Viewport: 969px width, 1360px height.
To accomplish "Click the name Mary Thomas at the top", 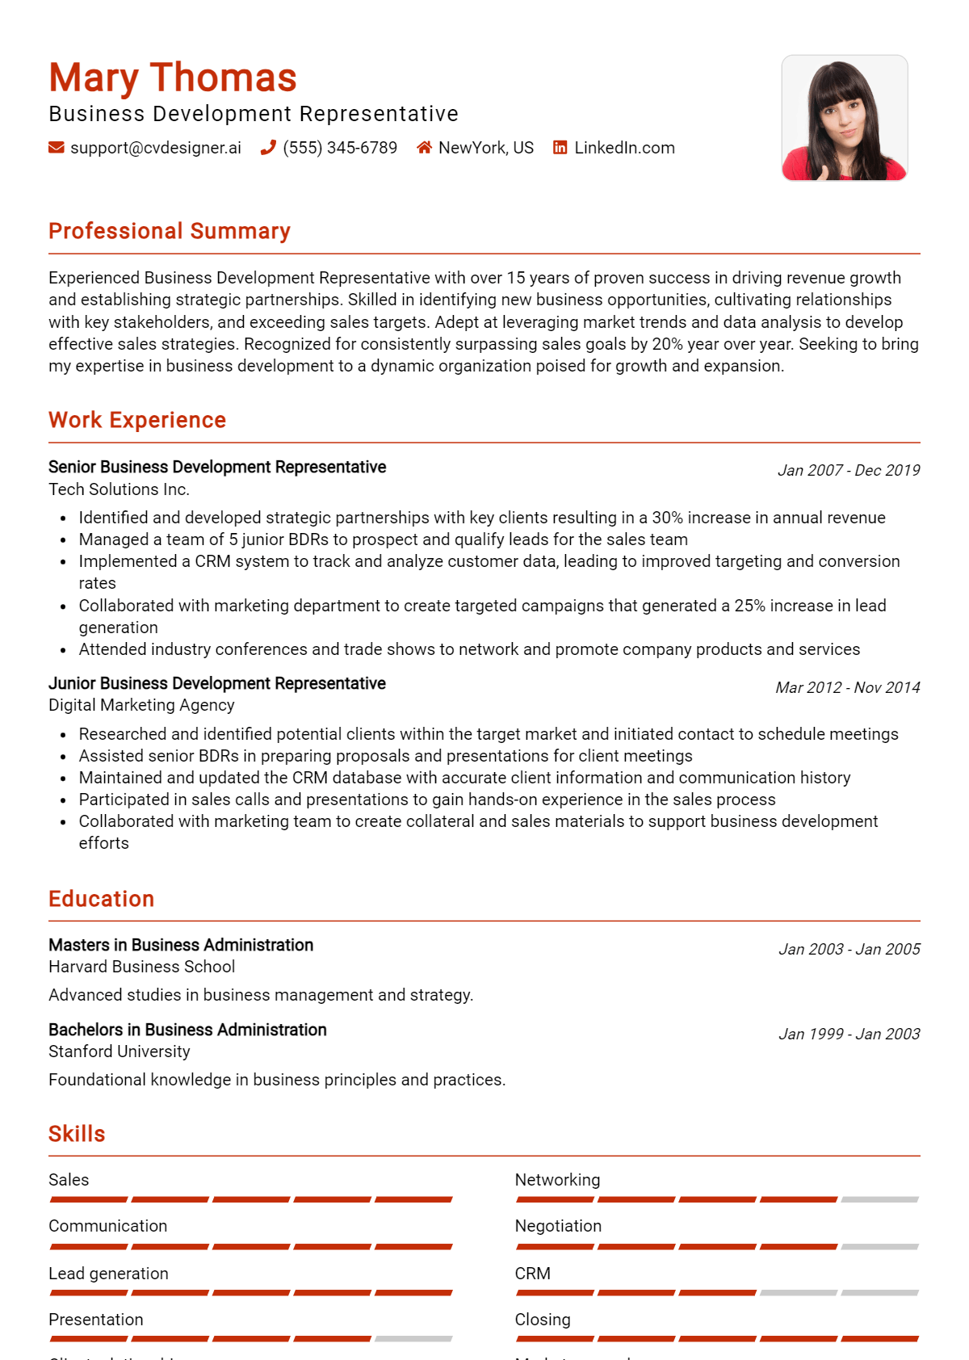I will pyautogui.click(x=173, y=78).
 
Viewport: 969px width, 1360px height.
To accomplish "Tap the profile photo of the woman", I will pyautogui.click(x=844, y=118).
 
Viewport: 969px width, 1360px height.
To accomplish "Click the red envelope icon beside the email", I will pyautogui.click(x=57, y=148).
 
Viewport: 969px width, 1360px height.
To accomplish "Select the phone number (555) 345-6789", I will pyautogui.click(x=339, y=148).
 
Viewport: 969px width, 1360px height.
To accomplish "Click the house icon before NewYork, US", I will pyautogui.click(x=424, y=148).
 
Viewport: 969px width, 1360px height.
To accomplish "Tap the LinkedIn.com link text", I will pyautogui.click(x=624, y=148).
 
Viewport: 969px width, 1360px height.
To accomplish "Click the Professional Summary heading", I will pyautogui.click(x=170, y=231).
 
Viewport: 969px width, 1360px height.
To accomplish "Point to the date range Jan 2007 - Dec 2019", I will pyautogui.click(x=848, y=470).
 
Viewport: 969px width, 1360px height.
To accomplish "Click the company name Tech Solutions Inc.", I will pyautogui.click(x=119, y=489).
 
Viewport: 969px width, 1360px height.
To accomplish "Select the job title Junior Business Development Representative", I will pyautogui.click(x=217, y=683).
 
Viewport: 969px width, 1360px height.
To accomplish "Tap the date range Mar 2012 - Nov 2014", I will pyautogui.click(x=847, y=687).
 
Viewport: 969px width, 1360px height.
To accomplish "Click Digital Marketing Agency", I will pyautogui.click(x=141, y=705).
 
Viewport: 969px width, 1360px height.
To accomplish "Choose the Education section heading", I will pyautogui.click(x=101, y=899).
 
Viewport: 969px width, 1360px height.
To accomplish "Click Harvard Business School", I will pyautogui.click(x=141, y=967).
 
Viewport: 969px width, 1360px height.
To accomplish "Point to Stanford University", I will pyautogui.click(x=120, y=1051).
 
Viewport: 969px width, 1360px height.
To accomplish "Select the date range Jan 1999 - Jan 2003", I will pyautogui.click(x=849, y=1034).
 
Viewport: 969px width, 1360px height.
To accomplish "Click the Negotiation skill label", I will pyautogui.click(x=558, y=1226).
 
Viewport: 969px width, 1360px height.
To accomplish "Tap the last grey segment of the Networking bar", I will pyautogui.click(x=879, y=1200).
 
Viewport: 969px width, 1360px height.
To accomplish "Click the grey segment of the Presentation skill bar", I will pyautogui.click(x=413, y=1339).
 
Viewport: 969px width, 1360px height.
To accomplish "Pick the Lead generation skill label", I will pyautogui.click(x=108, y=1274).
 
